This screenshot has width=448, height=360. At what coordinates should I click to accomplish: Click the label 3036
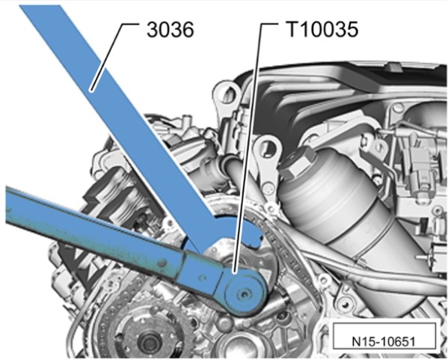pos(171,30)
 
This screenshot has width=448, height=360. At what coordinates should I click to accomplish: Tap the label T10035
pos(322,29)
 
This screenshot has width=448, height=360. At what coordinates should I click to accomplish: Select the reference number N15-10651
pos(383,341)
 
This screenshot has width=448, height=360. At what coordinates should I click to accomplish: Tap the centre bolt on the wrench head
pos(245,293)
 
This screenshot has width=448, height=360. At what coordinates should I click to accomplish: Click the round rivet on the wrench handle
pos(162,263)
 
